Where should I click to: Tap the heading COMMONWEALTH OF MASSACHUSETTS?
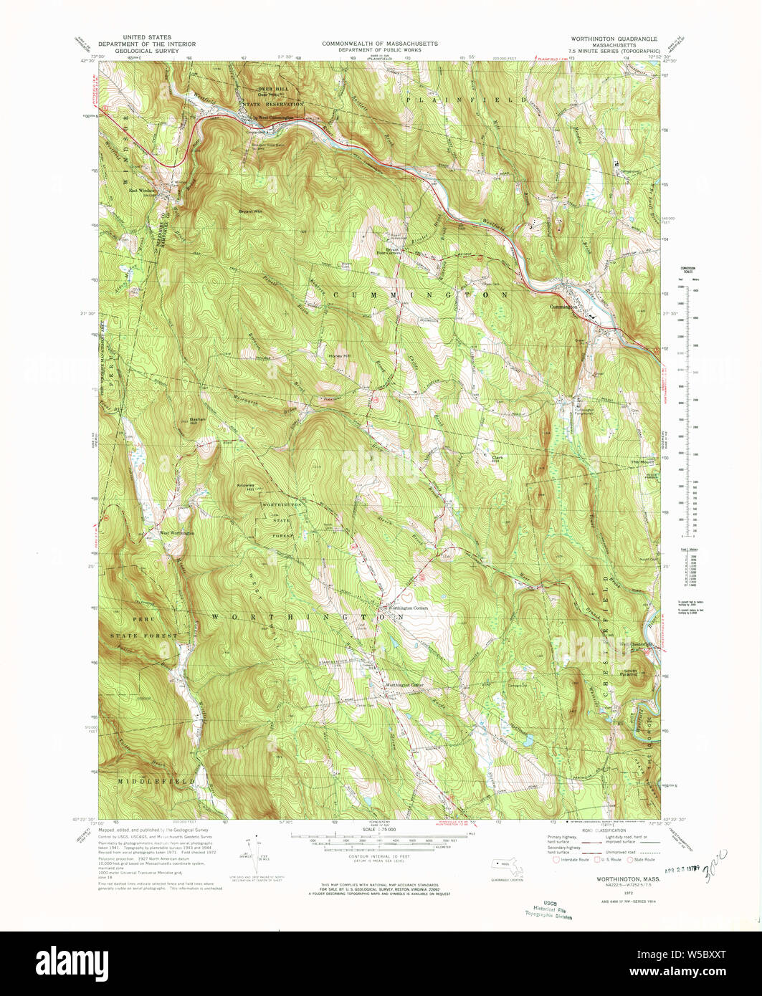click(380, 43)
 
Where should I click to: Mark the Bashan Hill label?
click(198, 421)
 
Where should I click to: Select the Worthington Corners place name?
click(407, 608)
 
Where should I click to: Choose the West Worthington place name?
click(176, 533)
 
